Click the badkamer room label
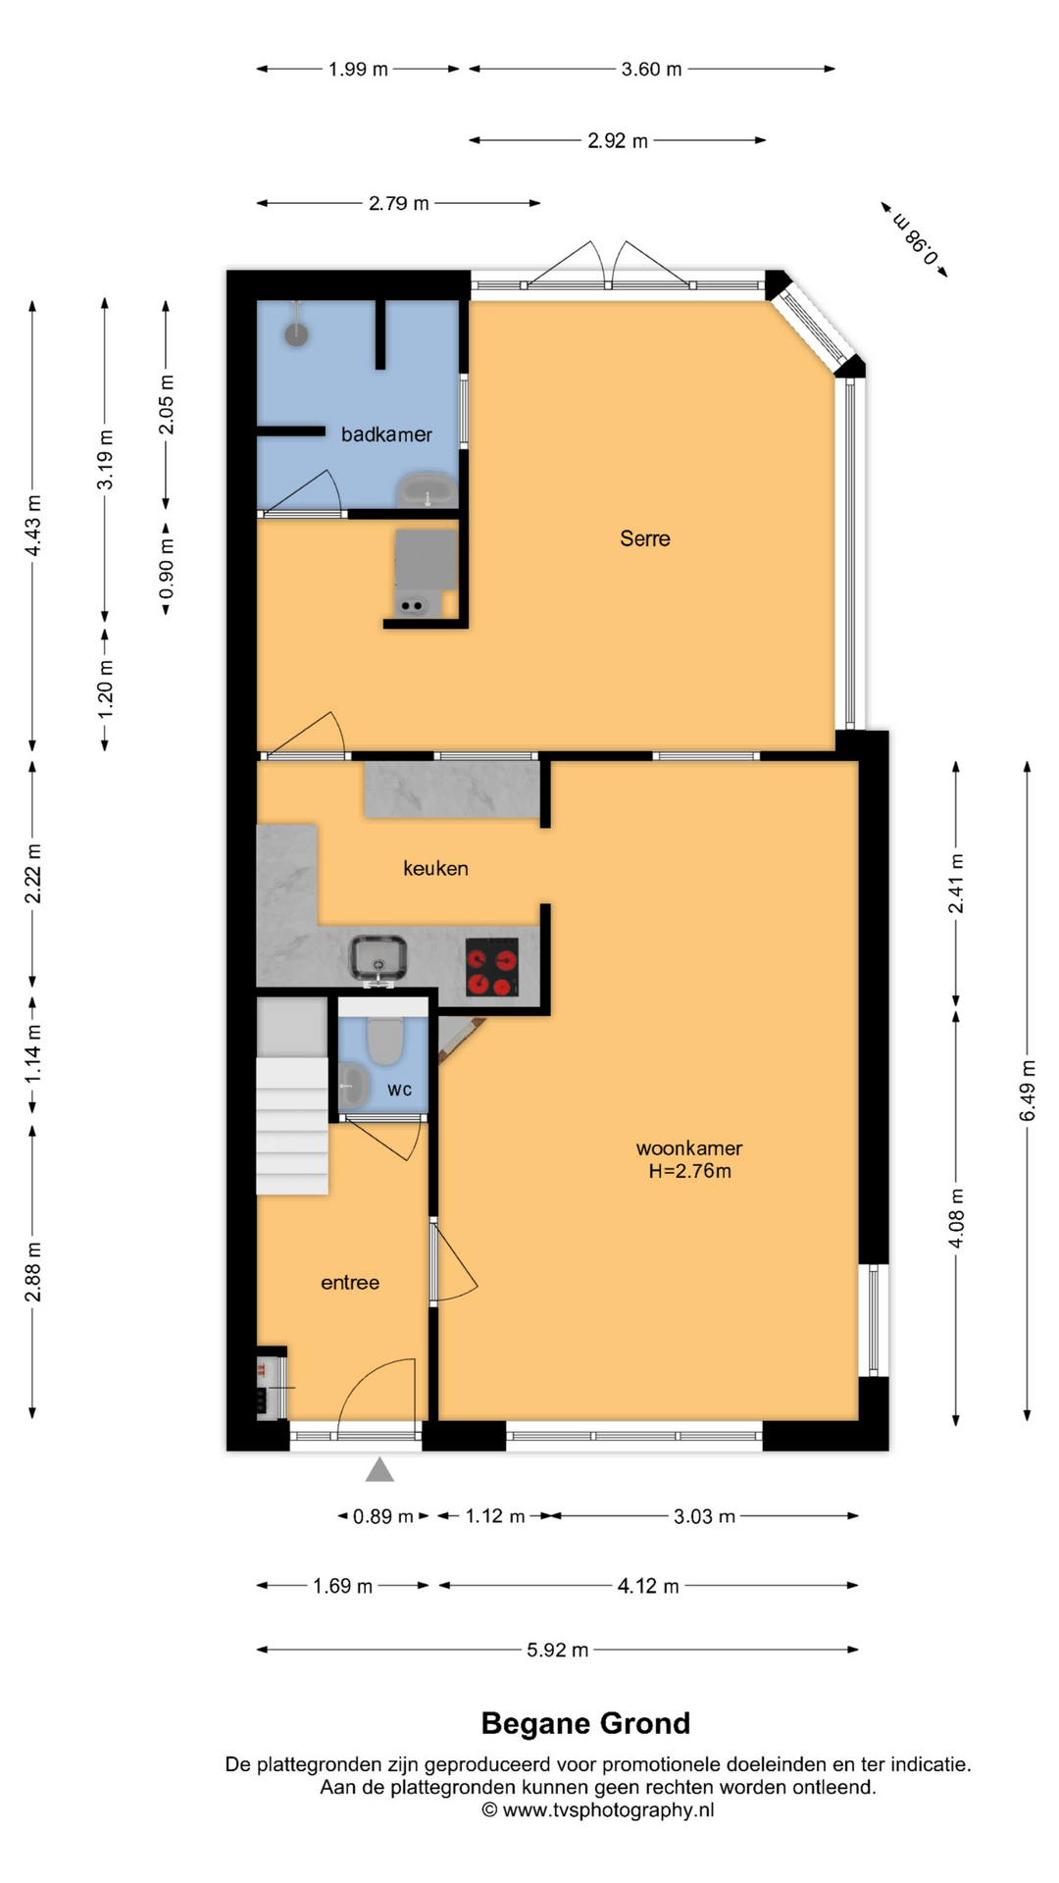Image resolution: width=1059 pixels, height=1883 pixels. point(386,434)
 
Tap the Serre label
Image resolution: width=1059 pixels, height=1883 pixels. point(645,538)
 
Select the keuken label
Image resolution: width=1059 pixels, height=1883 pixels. point(435,868)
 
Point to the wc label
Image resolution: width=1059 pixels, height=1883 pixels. point(399,1090)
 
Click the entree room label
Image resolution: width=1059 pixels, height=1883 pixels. point(350,1283)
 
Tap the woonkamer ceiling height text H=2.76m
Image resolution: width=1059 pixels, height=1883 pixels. point(689,1171)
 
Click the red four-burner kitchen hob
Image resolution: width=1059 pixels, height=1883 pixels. point(492,967)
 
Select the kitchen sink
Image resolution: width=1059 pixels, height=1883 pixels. point(378,959)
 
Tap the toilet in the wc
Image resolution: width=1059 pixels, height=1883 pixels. point(385,1041)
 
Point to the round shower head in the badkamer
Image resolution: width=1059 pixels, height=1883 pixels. point(296,333)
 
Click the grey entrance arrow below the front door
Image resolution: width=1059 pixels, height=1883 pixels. point(379,1469)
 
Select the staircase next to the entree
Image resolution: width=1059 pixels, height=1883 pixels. point(292,1096)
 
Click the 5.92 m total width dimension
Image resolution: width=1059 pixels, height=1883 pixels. point(557,1650)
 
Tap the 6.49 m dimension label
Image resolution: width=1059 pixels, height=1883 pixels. point(1028,1091)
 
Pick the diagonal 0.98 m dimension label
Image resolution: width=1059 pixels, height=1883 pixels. point(915,239)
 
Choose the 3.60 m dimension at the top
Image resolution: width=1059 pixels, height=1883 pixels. point(651,69)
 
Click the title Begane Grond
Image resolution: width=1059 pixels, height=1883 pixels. point(585,1723)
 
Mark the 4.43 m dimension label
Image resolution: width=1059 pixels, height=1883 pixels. point(33,526)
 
